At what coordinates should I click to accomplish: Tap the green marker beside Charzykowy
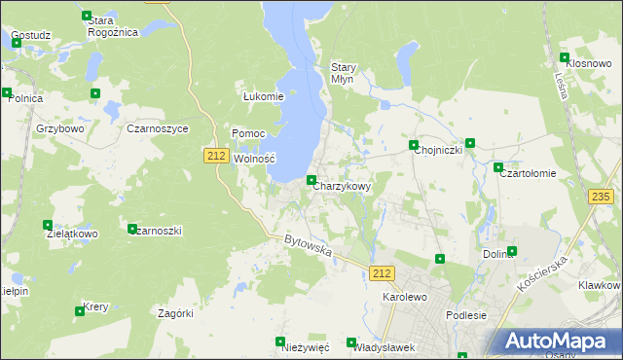(x=311, y=180)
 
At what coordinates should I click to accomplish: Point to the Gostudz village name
(x=31, y=35)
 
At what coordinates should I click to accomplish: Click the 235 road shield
(x=602, y=197)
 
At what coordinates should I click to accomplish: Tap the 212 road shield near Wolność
(x=217, y=156)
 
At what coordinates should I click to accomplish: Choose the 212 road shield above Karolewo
(x=383, y=273)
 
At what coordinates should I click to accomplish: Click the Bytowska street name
(x=309, y=245)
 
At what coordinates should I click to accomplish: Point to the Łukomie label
(x=263, y=96)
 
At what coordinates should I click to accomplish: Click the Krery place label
(x=95, y=306)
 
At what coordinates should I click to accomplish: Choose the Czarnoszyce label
(x=157, y=127)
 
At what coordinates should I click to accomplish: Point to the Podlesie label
(x=464, y=314)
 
